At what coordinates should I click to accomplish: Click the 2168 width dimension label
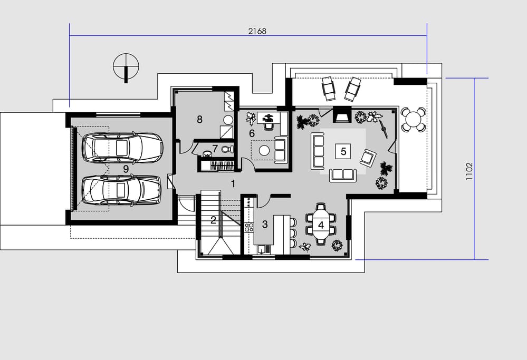[257, 31]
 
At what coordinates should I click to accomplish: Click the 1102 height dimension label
[469, 171]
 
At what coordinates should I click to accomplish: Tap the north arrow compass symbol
[126, 67]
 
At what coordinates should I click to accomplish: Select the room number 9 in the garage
[126, 169]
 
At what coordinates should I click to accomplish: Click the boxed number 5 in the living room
[343, 151]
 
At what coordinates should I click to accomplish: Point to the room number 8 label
[199, 119]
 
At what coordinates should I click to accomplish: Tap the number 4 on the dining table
[321, 225]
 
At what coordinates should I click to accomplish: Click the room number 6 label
[252, 133]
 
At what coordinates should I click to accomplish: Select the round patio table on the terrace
[414, 119]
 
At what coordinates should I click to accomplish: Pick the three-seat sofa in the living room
[318, 151]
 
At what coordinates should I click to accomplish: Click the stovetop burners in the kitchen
[249, 227]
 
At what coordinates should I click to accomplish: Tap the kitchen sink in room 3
[264, 249]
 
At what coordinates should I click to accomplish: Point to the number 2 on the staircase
[213, 220]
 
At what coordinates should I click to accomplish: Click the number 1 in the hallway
[233, 183]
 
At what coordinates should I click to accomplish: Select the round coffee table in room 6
[264, 150]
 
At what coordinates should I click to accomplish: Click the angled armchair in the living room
[368, 158]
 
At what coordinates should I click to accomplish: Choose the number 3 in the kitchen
[265, 224]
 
